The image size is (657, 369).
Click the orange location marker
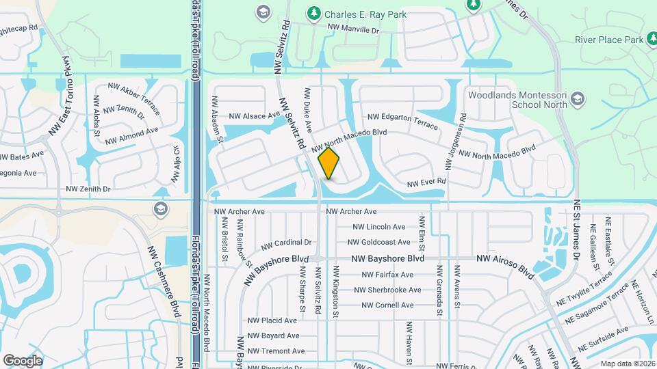pyautogui.click(x=329, y=163)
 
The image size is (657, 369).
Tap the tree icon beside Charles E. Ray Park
pyautogui.click(x=314, y=13)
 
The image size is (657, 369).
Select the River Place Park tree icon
pyautogui.click(x=654, y=40)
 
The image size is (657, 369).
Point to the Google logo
pyautogui.click(x=23, y=360)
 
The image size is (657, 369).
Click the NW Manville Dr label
pyautogui.click(x=353, y=30)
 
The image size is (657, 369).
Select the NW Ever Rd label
pyautogui.click(x=426, y=182)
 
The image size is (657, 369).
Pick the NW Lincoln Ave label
pyautogui.click(x=378, y=227)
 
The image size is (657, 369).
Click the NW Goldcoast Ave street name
pyautogui.click(x=378, y=242)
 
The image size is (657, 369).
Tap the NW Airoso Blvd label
pyautogui.click(x=505, y=265)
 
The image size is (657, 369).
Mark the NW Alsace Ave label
pyautogui.click(x=255, y=116)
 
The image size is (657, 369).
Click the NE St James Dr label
pyautogui.click(x=576, y=231)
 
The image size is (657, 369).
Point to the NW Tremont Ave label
pyautogui.click(x=276, y=351)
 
